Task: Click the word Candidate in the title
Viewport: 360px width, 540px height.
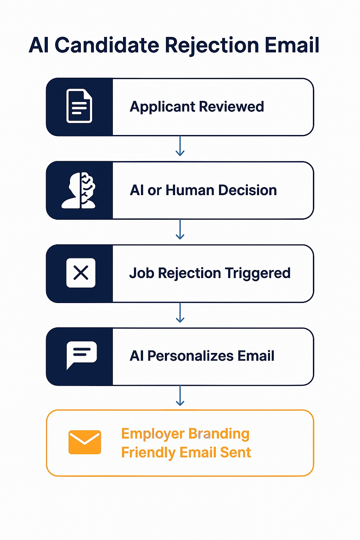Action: coord(107,45)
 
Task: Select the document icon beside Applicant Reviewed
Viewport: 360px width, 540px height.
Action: coord(79,106)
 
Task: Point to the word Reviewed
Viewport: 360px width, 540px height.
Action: coord(231,107)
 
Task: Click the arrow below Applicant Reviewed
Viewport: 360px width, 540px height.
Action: coord(180,146)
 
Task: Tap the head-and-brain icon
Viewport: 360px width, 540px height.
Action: coord(78,191)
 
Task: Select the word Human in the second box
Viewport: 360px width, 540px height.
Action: coord(190,190)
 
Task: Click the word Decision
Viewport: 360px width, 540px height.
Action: coord(247,190)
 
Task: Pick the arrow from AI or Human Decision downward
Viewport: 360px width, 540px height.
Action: coord(180,229)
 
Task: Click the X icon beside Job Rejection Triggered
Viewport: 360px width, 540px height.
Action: coord(81,273)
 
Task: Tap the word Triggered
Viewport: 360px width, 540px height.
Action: coord(258,274)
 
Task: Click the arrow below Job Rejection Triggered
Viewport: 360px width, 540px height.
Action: coord(180,313)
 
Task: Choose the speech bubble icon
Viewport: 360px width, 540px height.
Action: coord(82,355)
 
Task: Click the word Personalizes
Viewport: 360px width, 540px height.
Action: coord(191,356)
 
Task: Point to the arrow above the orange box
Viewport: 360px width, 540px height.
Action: coord(180,396)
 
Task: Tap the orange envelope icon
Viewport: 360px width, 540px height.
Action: coord(85,442)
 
